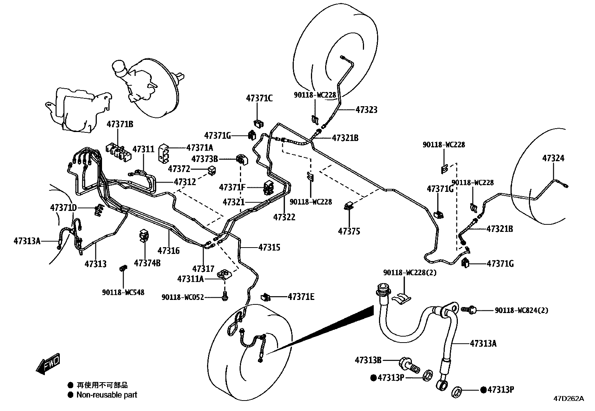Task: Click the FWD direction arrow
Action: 48,363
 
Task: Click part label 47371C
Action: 259,98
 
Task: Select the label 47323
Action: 366,110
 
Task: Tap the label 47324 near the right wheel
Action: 553,158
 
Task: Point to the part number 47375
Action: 349,231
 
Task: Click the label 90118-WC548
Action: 123,292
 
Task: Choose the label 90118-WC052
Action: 183,297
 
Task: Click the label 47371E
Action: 301,297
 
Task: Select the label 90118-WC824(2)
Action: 521,310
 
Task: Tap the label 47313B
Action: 368,360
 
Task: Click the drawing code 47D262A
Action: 568,398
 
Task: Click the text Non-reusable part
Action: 107,395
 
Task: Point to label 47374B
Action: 147,263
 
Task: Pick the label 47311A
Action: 190,279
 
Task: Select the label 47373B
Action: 205,159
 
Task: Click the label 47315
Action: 269,247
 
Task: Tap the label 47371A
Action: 199,148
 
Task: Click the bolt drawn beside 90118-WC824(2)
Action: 469,309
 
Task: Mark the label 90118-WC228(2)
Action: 410,273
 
